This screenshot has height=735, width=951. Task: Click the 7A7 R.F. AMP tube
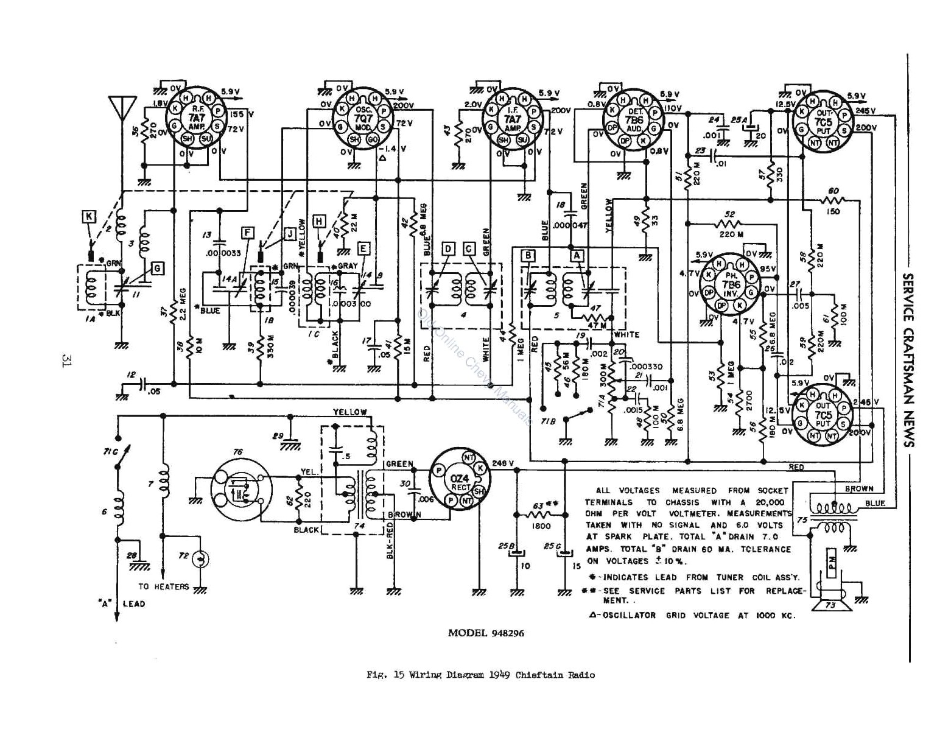pyautogui.click(x=196, y=118)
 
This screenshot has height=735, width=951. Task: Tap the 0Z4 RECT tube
pyautogui.click(x=460, y=479)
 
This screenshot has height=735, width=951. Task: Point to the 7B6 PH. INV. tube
pyautogui.click(x=731, y=284)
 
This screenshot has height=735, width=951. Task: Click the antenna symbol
pyautogui.click(x=121, y=108)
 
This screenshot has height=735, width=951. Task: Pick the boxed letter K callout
pyautogui.click(x=89, y=216)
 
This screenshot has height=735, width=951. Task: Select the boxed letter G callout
pyautogui.click(x=157, y=268)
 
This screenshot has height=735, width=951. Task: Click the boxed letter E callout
pyautogui.click(x=363, y=248)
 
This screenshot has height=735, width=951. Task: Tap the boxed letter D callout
pyautogui.click(x=448, y=248)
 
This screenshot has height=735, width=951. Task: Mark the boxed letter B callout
pyautogui.click(x=529, y=256)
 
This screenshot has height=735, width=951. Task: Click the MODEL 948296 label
pyautogui.click(x=485, y=633)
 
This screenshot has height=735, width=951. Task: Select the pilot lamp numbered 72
pyautogui.click(x=200, y=558)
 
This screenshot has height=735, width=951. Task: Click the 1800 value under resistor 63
pyautogui.click(x=541, y=526)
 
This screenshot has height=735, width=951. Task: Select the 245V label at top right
pyautogui.click(x=866, y=111)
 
